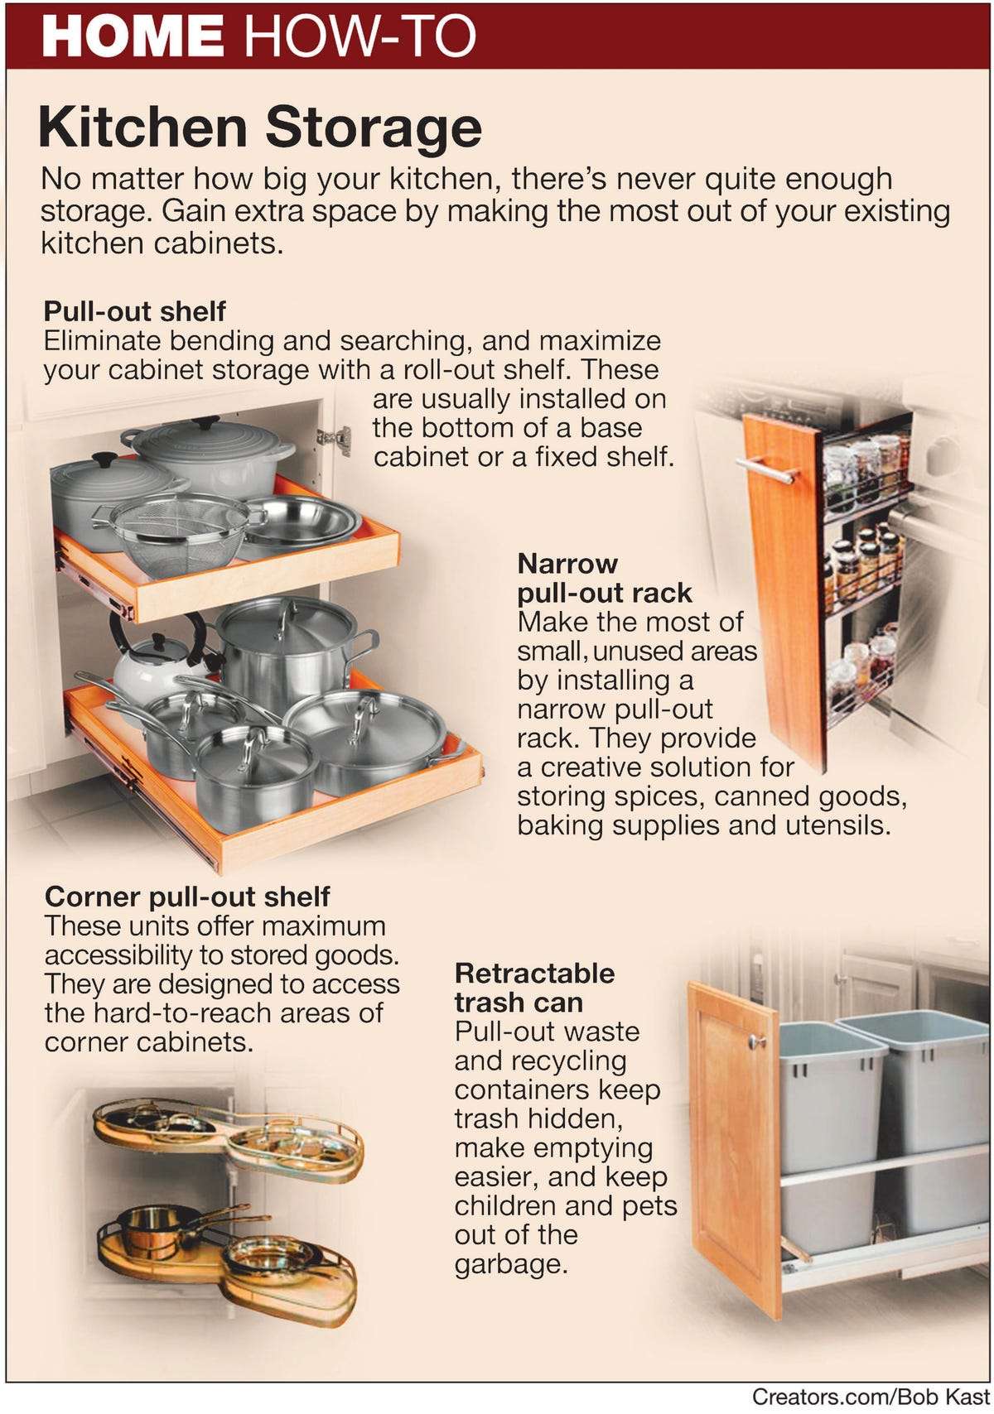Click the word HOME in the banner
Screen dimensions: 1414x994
tap(133, 36)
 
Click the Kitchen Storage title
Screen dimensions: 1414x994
tap(259, 127)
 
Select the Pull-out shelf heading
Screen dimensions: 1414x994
tap(134, 311)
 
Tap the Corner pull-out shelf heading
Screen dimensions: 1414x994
tap(187, 897)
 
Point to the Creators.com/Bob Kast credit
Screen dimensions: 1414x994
tap(870, 1396)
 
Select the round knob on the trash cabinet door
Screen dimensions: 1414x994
tap(755, 1041)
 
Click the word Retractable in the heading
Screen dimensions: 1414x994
tap(534, 973)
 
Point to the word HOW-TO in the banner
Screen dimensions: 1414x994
tap(361, 36)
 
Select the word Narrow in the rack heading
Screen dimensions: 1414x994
tap(567, 564)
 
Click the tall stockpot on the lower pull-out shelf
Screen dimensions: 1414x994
tap(286, 650)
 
